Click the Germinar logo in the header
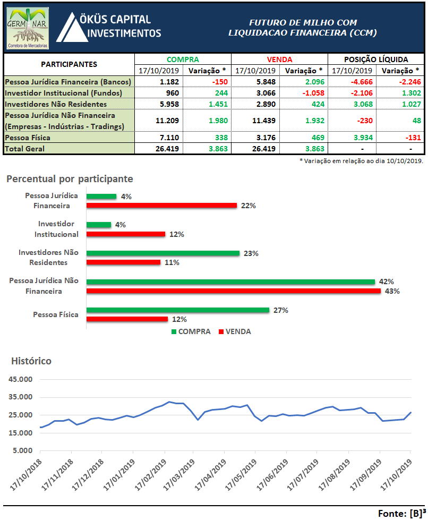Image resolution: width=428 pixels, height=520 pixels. [28, 29]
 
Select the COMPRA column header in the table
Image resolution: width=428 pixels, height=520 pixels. [183, 59]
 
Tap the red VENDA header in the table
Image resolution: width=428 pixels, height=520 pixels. [279, 59]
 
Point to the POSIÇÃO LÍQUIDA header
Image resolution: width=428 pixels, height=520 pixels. [375, 59]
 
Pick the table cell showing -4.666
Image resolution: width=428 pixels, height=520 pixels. [352, 82]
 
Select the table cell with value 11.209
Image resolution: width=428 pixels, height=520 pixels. [159, 121]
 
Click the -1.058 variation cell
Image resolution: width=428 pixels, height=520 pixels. [303, 93]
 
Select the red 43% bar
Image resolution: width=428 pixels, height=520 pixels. [234, 291]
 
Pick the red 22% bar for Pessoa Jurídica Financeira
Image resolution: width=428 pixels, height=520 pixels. [161, 206]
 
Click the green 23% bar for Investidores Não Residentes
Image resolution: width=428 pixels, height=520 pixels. [163, 253]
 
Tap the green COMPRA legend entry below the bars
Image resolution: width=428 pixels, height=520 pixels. [190, 331]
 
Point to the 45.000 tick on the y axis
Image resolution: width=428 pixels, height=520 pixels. [20, 380]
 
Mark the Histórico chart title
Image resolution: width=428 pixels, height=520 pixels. [31, 361]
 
